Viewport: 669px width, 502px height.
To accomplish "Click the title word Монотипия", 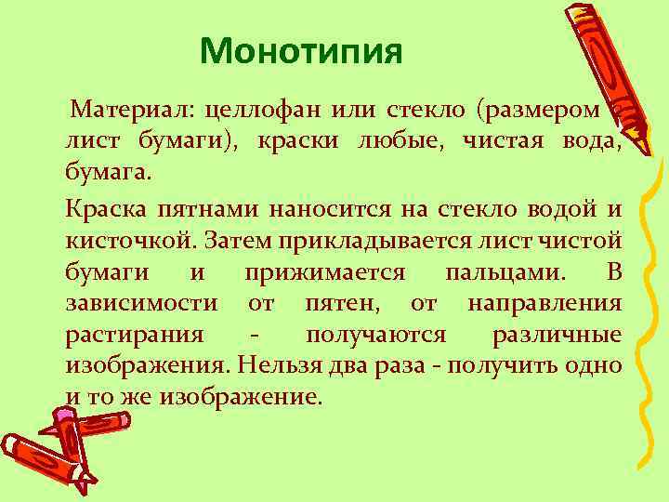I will click(301, 51).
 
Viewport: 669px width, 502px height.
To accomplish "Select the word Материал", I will click(125, 112).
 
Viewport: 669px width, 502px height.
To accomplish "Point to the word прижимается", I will click(325, 271).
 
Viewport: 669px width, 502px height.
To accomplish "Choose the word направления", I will click(544, 303).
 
